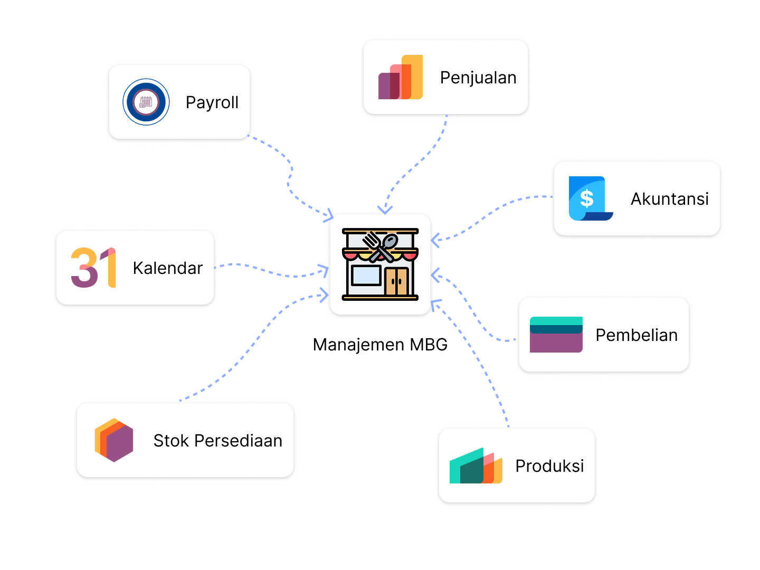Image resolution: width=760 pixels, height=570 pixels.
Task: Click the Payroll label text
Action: pyautogui.click(x=212, y=102)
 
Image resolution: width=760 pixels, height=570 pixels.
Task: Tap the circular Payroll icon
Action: pyautogui.click(x=146, y=102)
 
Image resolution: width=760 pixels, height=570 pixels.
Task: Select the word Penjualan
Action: pyautogui.click(x=478, y=78)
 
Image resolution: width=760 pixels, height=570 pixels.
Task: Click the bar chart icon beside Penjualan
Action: pyautogui.click(x=401, y=78)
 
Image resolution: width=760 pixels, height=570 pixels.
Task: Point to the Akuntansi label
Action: pyautogui.click(x=669, y=199)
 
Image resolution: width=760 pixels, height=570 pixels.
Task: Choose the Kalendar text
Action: pyautogui.click(x=167, y=268)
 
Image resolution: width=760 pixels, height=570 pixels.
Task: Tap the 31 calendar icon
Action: pyautogui.click(x=93, y=268)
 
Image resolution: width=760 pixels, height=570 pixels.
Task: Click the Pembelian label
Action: pyautogui.click(x=636, y=335)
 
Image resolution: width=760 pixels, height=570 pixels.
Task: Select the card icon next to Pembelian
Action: pyautogui.click(x=556, y=335)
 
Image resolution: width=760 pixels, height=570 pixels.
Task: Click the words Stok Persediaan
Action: pyautogui.click(x=217, y=441)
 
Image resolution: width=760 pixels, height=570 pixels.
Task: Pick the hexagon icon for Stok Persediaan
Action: pyautogui.click(x=114, y=440)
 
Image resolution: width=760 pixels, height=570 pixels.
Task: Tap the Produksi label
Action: pyautogui.click(x=549, y=466)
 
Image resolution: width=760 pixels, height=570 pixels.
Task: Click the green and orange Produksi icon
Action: pyautogui.click(x=476, y=466)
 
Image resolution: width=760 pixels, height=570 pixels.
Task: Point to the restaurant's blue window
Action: pyautogui.click(x=366, y=275)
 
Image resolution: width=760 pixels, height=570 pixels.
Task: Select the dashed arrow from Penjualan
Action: pyautogui.click(x=417, y=164)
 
